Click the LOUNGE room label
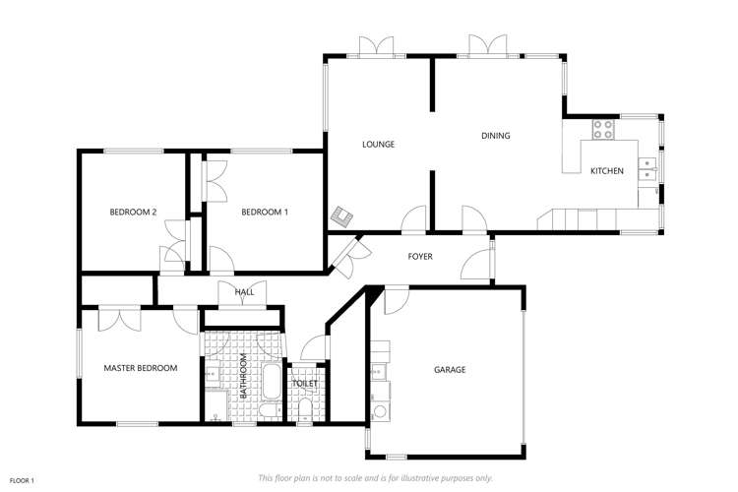[378, 145]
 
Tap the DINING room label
[496, 136]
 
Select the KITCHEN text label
[606, 171]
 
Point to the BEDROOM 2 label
[133, 212]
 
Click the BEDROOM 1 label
[265, 212]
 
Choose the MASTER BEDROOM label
[141, 368]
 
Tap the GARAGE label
[450, 370]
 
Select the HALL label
[244, 292]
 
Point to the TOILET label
[305, 384]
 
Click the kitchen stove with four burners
[603, 129]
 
